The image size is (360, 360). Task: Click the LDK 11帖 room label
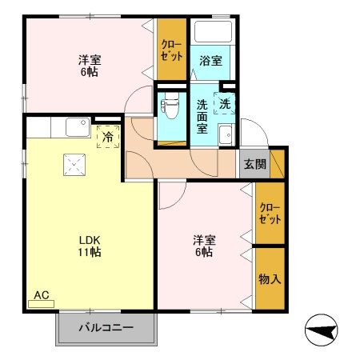pyautogui.click(x=90, y=245)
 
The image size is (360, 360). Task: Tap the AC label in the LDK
pyautogui.click(x=42, y=294)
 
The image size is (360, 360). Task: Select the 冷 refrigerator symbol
pyautogui.click(x=106, y=136)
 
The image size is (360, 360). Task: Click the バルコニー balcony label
pyautogui.click(x=105, y=327)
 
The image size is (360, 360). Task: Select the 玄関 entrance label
pyautogui.click(x=254, y=165)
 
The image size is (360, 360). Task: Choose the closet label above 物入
pyautogui.click(x=270, y=214)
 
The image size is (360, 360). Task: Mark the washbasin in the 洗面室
pyautogui.click(x=227, y=134)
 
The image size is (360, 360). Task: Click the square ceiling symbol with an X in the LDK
pyautogui.click(x=74, y=165)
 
